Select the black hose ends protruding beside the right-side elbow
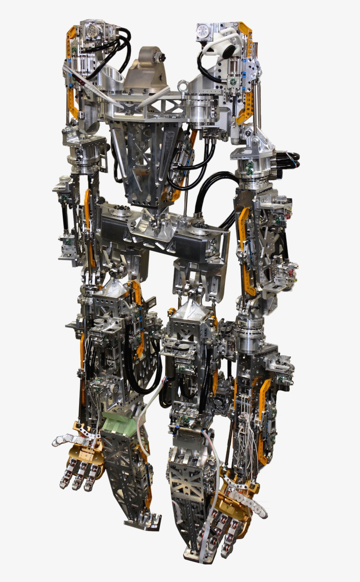292,158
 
